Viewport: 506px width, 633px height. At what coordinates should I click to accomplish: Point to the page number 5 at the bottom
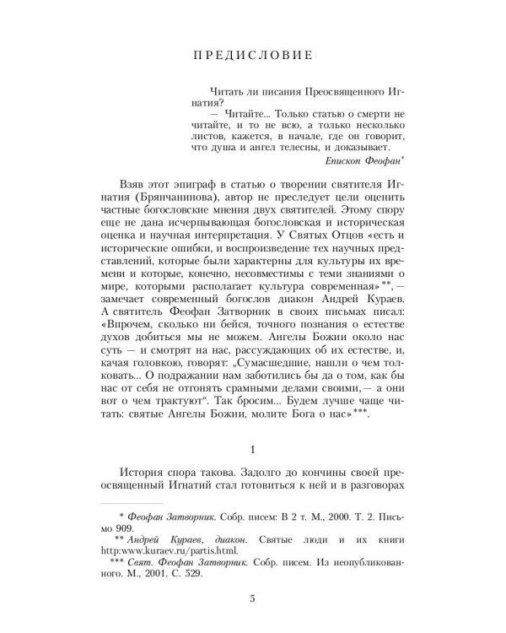(x=253, y=601)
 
